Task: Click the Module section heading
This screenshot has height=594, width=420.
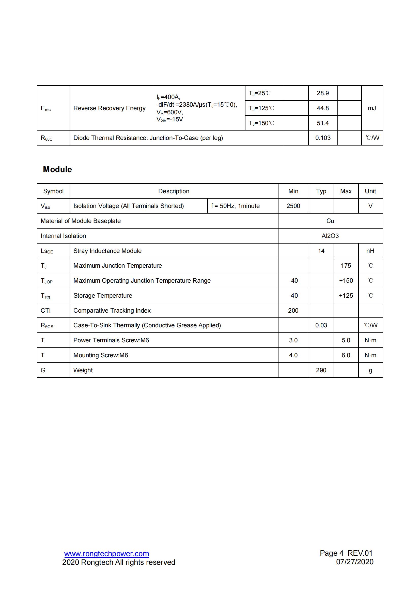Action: pos(57,169)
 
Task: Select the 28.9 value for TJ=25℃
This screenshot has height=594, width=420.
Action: pos(322,93)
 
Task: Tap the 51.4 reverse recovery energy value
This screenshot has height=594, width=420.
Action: pos(322,123)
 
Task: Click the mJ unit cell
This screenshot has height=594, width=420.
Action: pos(372,108)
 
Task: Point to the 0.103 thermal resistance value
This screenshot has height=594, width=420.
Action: pos(322,138)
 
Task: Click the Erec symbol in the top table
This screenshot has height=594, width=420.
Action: pos(45,108)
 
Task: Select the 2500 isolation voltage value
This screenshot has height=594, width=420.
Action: pos(293,206)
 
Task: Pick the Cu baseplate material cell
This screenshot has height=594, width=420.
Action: pos(330,221)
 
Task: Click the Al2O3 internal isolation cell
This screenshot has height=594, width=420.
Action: pos(330,236)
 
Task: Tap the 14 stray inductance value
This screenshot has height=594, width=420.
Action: pos(321,251)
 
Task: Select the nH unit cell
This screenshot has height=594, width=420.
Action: pos(370,251)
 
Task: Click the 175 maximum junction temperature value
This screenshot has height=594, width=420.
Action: pos(346,266)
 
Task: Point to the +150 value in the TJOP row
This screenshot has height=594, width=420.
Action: pos(346,281)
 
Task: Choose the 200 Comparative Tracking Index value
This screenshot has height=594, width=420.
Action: pos(293,310)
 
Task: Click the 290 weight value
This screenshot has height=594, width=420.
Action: pos(321,370)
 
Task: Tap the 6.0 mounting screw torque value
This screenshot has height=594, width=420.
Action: pos(346,355)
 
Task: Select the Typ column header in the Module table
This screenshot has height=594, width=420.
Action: pos(321,191)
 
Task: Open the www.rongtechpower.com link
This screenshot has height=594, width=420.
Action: pos(106,554)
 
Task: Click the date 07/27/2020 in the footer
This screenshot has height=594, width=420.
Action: pos(354,562)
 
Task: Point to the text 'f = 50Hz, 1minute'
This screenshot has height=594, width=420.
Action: pos(235,206)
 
